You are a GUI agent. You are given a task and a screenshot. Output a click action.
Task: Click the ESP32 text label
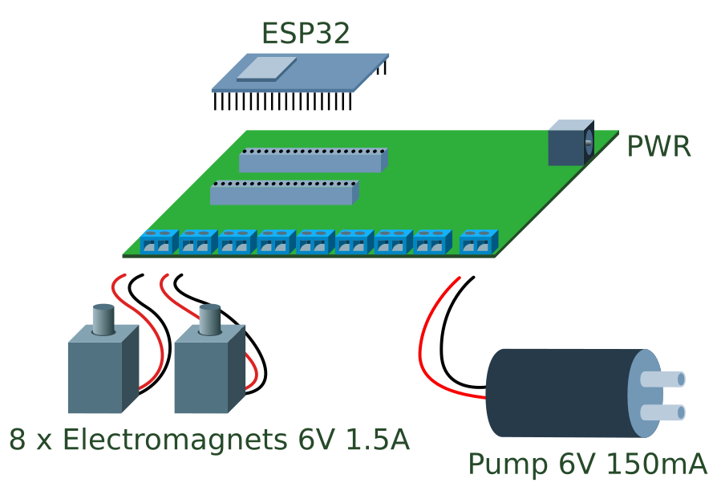pos(306,33)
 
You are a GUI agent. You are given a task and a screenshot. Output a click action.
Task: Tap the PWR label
pos(658,147)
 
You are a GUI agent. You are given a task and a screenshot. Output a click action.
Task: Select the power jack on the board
pos(571,143)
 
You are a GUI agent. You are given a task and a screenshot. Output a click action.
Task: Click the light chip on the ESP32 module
pos(266,69)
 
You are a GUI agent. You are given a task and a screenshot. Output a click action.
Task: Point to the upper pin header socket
pos(313,160)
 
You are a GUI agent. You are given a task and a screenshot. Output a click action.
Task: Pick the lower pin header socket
pos(284,193)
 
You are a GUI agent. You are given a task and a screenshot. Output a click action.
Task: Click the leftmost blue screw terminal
pos(159,241)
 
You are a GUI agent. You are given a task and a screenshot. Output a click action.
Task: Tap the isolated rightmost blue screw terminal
pos(479,241)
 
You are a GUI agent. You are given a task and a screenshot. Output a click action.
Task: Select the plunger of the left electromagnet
pos(103,319)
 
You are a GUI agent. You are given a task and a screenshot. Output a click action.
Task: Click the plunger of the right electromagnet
pos(210,319)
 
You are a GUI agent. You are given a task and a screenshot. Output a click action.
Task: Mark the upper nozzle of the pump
pos(662,379)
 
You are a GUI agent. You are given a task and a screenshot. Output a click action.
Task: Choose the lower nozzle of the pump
pos(662,412)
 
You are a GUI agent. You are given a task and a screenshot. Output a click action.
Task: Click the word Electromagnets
pos(175,440)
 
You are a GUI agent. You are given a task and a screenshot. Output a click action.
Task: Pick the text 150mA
pos(657,464)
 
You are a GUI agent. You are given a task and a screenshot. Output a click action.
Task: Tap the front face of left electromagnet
pos(95,378)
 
